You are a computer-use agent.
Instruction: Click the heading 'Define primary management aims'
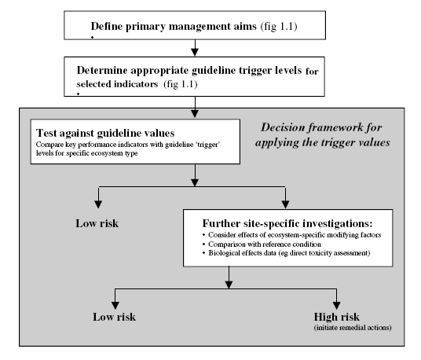[174, 27]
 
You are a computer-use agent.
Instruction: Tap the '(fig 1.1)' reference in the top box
[279, 27]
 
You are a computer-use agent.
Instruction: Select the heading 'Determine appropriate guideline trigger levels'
[189, 71]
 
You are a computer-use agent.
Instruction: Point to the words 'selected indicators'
[117, 84]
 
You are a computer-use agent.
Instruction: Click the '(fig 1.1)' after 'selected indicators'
[181, 84]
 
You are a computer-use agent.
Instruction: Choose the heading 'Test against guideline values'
[105, 133]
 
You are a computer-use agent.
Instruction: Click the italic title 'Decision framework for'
[321, 127]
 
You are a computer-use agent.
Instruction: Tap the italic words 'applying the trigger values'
[323, 142]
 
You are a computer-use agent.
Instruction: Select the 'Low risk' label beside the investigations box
[97, 223]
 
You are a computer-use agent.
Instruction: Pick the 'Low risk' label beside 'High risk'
[114, 317]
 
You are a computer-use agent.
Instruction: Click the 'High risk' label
[336, 317]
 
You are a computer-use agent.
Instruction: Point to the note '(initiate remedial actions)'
[353, 328]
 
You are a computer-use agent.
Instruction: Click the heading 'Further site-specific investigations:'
[287, 223]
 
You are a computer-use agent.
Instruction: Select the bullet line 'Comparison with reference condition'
[262, 244]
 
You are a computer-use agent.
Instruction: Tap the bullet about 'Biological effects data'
[287, 253]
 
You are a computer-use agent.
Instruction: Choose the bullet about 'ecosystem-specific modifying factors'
[292, 235]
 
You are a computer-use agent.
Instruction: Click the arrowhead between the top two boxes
[195, 52]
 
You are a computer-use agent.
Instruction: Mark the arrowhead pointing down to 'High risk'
[336, 306]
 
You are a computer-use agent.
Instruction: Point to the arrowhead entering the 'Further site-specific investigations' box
[285, 204]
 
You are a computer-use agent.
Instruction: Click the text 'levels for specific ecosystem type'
[87, 153]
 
